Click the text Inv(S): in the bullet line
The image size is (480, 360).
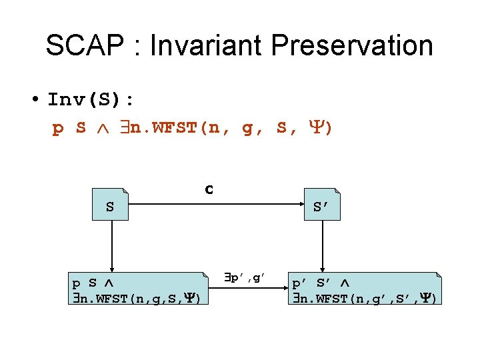click(91, 101)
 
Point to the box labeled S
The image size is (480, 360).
click(110, 207)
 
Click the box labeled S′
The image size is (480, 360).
click(323, 207)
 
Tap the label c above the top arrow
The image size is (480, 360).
click(209, 189)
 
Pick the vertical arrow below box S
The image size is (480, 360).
click(111, 247)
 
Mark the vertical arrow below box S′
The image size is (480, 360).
click(323, 247)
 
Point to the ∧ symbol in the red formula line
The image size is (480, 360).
click(101, 127)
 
